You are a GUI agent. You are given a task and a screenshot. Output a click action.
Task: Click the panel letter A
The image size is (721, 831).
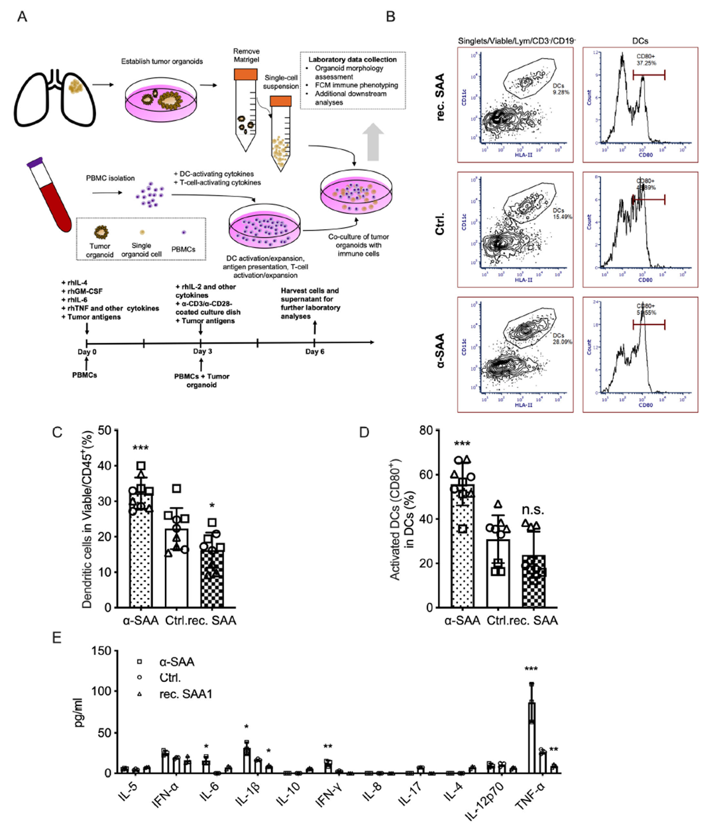tap(23, 16)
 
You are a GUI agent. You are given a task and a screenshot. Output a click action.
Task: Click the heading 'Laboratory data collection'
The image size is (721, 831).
tap(353, 60)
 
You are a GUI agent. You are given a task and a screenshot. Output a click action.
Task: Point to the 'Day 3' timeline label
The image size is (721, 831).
tap(202, 352)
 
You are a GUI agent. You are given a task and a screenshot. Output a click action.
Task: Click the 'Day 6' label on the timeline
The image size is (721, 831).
tap(314, 352)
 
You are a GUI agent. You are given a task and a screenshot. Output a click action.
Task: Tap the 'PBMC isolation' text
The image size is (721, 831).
tap(110, 178)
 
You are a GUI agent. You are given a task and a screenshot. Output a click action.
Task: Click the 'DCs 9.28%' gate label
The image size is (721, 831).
tap(560, 88)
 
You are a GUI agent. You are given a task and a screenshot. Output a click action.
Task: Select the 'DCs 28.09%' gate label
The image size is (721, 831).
tap(561, 339)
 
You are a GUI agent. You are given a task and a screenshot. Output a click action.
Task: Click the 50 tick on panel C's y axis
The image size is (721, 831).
tap(104, 430)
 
